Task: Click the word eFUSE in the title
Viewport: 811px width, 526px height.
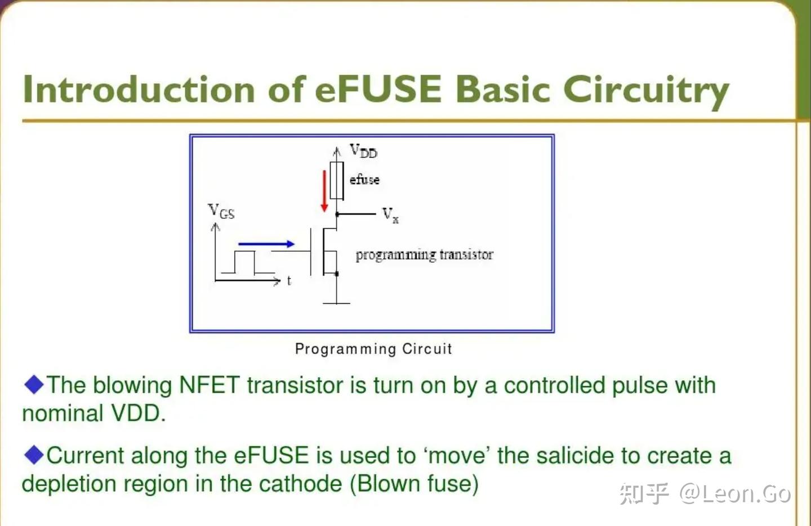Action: tap(378, 90)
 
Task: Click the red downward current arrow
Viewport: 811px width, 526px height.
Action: tap(324, 191)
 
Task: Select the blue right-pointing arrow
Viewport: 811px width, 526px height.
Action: tap(266, 244)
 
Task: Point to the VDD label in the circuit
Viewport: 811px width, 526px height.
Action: tap(363, 151)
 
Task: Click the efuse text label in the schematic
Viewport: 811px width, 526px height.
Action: tap(364, 180)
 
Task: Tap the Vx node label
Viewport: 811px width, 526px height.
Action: tap(390, 215)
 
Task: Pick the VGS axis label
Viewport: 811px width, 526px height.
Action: tap(221, 212)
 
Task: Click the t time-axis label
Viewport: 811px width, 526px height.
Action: tap(289, 281)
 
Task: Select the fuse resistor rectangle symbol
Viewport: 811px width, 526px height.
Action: tap(337, 180)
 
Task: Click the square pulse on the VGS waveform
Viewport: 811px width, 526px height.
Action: tap(244, 262)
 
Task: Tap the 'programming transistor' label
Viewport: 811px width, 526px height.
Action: tap(424, 255)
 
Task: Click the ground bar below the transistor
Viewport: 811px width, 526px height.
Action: tap(337, 303)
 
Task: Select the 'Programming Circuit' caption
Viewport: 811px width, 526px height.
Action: tap(373, 349)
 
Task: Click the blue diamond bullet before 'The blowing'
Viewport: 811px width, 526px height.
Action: tap(34, 385)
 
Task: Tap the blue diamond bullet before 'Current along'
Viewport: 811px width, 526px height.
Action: tap(34, 455)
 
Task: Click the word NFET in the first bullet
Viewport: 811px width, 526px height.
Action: tap(209, 386)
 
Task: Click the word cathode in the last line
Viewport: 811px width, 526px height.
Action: tap(301, 484)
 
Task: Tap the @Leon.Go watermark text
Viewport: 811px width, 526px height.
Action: tap(735, 494)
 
